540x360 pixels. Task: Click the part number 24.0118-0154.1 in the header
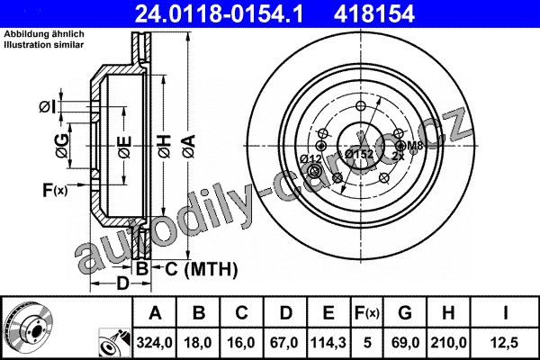[x=219, y=14]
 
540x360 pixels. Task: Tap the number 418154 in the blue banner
[x=374, y=14]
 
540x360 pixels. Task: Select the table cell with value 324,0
[x=154, y=342]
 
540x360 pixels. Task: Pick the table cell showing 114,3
[x=328, y=342]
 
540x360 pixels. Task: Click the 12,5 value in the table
[x=505, y=342]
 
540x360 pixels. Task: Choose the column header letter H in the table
[x=448, y=313]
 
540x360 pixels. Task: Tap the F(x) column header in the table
[x=367, y=313]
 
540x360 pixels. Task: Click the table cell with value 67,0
[x=284, y=342]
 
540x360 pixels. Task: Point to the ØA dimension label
[x=189, y=147]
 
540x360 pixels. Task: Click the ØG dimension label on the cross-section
[x=62, y=146]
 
